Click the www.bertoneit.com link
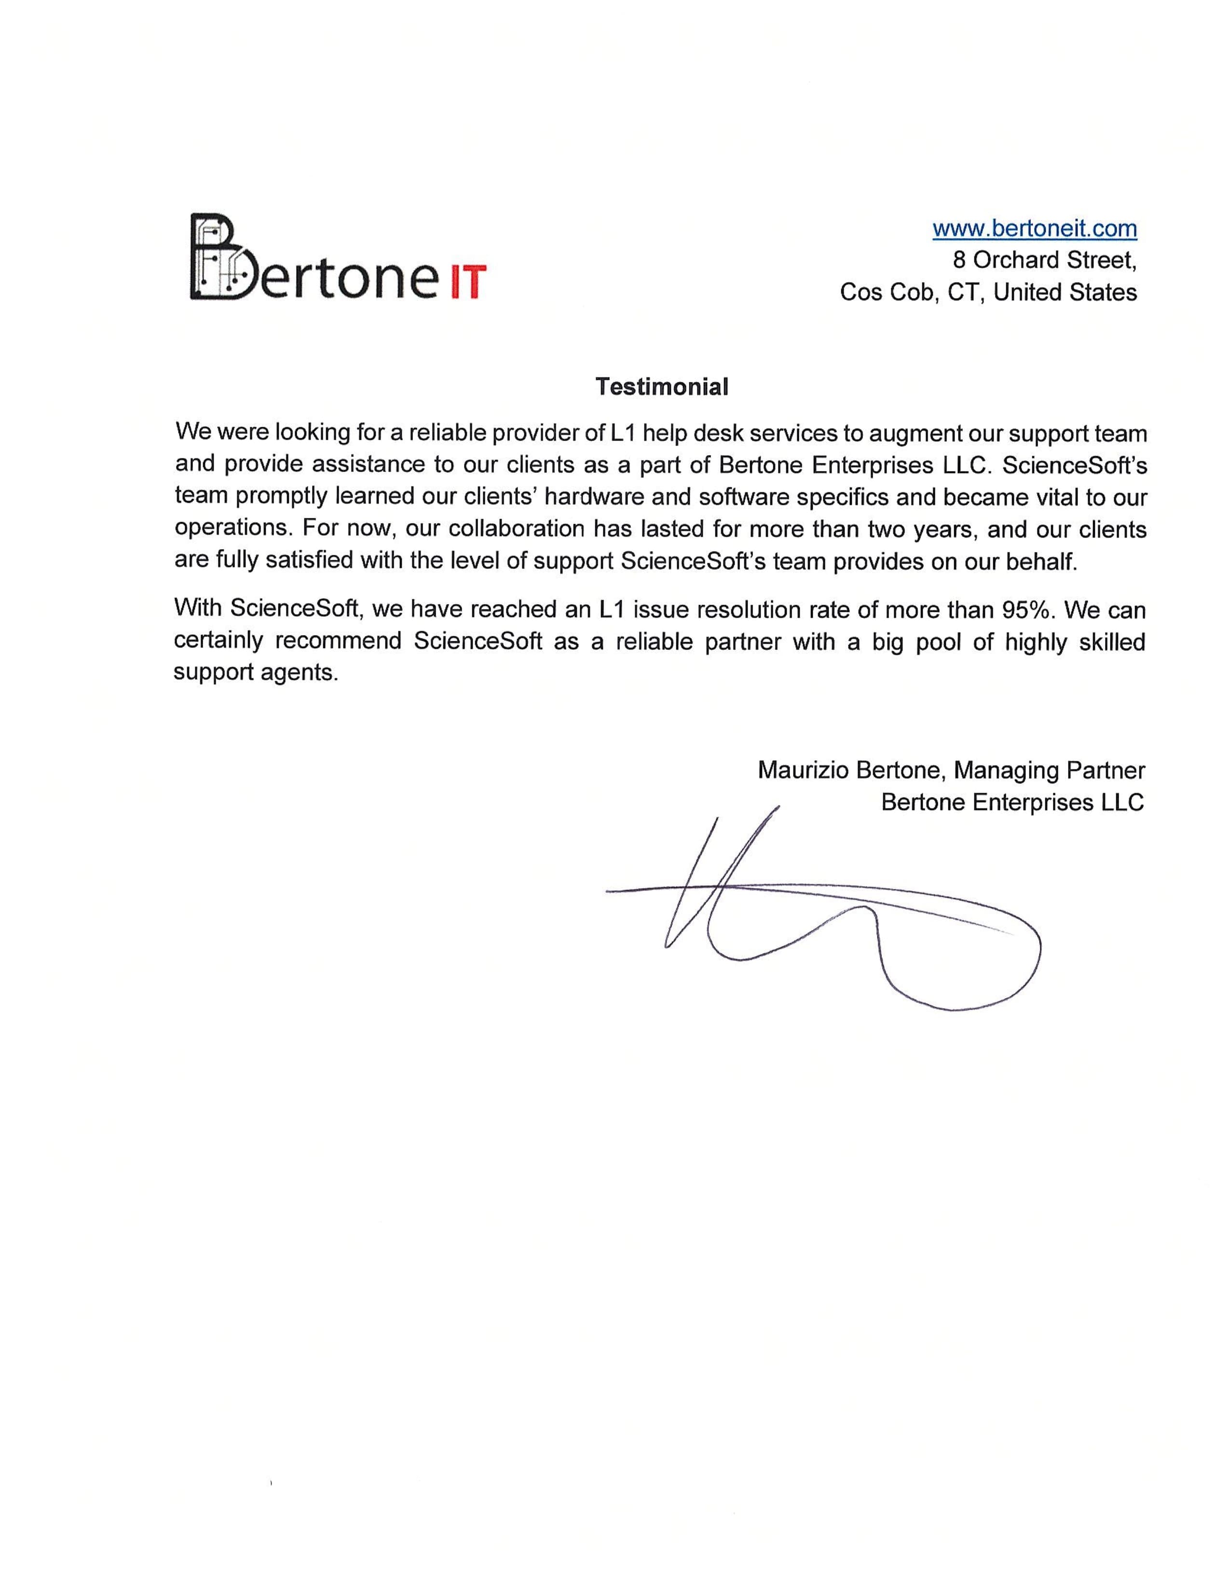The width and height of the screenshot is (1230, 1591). pos(1034,229)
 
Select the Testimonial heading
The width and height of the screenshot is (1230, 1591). pos(662,387)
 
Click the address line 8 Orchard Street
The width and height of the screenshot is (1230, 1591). pos(1044,260)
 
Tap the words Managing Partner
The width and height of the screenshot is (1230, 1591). pos(1049,770)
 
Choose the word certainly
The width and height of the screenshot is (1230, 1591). pos(219,641)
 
